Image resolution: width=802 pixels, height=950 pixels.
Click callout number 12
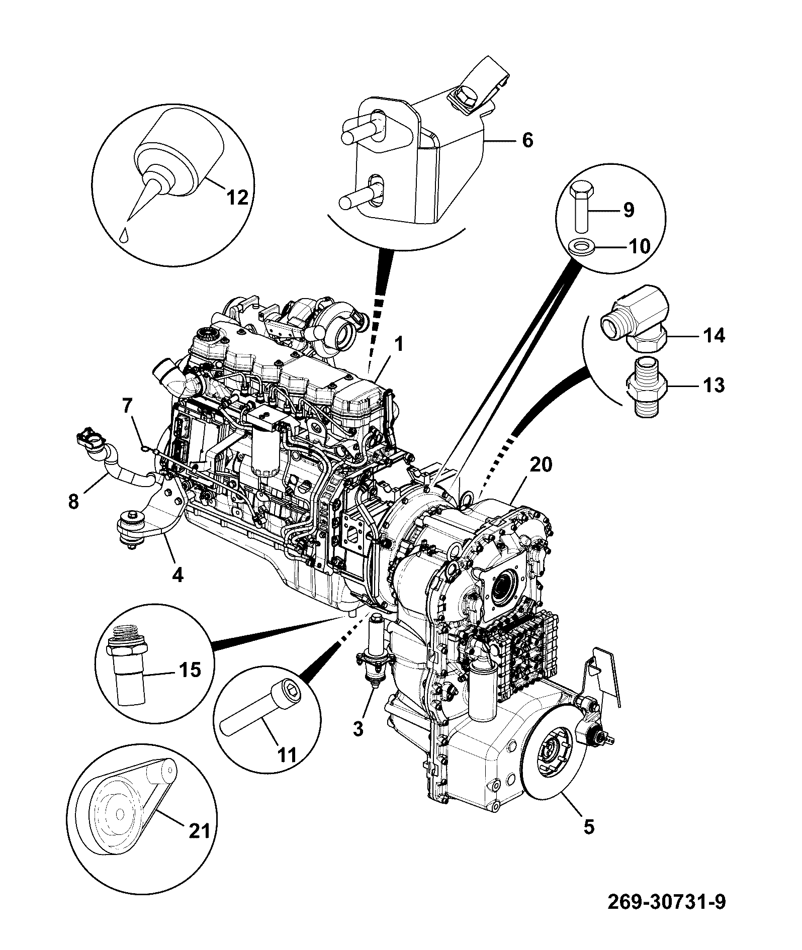[238, 198]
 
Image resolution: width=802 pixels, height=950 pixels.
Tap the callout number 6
[527, 140]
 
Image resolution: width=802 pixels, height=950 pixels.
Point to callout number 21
[199, 831]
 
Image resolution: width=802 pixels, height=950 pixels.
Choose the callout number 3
[358, 728]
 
